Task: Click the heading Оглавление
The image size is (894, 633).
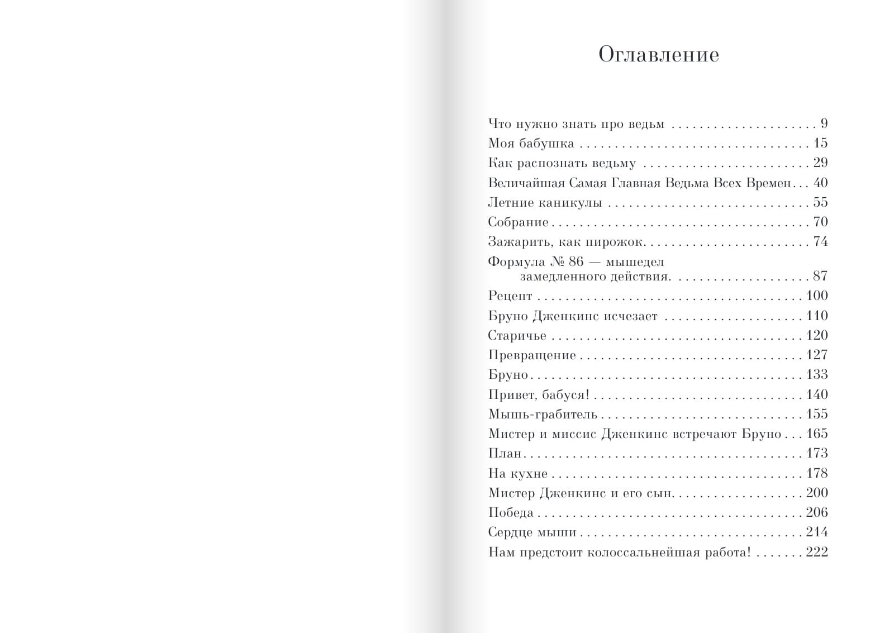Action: [x=658, y=55]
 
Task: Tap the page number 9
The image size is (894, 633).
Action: [x=824, y=123]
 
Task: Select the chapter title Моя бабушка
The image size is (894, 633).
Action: [x=531, y=144]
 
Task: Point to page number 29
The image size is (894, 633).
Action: [x=820, y=163]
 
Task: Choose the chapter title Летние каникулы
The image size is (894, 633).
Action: [x=545, y=203]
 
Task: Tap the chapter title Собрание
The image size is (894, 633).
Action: [x=519, y=222]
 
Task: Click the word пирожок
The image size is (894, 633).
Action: [x=616, y=242]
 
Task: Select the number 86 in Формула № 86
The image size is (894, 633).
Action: [x=576, y=261]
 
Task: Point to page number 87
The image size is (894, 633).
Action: [x=820, y=276]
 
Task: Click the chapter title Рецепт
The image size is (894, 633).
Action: [x=510, y=296]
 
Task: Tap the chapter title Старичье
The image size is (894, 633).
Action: [x=517, y=336]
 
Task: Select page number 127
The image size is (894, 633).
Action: [x=817, y=355]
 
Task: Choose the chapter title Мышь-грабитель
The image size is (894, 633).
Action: [x=543, y=415]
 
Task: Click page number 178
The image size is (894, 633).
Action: [x=817, y=473]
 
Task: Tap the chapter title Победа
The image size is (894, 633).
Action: [x=511, y=513]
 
